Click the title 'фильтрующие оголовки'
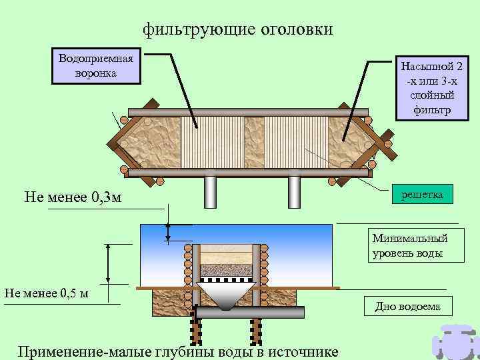click(x=237, y=30)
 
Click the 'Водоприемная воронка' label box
click(x=96, y=65)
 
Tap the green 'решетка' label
click(x=422, y=193)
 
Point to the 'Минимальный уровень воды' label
click(x=409, y=245)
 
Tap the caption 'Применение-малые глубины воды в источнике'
click(x=179, y=351)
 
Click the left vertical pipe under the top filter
click(x=211, y=193)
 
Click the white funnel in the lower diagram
click(x=227, y=294)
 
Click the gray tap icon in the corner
click(x=455, y=341)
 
